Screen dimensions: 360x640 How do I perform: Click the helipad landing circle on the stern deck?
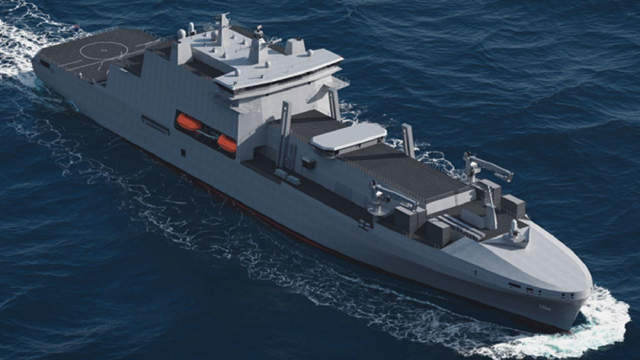(104, 50)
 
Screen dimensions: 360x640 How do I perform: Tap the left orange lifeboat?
(188, 122)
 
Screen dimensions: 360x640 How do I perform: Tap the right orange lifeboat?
(227, 143)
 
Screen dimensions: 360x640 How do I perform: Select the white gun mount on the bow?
(514, 231)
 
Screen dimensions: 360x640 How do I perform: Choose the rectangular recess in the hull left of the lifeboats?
(155, 124)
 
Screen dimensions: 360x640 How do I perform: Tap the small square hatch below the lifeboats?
(183, 152)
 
